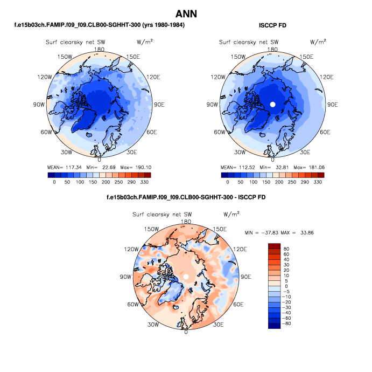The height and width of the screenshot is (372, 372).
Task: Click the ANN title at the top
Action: coord(186,14)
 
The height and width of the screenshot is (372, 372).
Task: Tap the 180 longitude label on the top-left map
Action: coord(99,49)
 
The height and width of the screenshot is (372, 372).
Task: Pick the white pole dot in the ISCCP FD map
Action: coord(273,104)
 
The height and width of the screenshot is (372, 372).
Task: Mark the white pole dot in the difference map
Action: coord(186,277)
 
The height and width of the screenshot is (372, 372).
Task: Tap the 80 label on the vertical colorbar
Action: coord(286,251)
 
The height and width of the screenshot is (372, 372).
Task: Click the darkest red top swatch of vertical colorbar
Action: coord(274,246)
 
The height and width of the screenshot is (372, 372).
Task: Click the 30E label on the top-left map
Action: coord(132,152)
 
